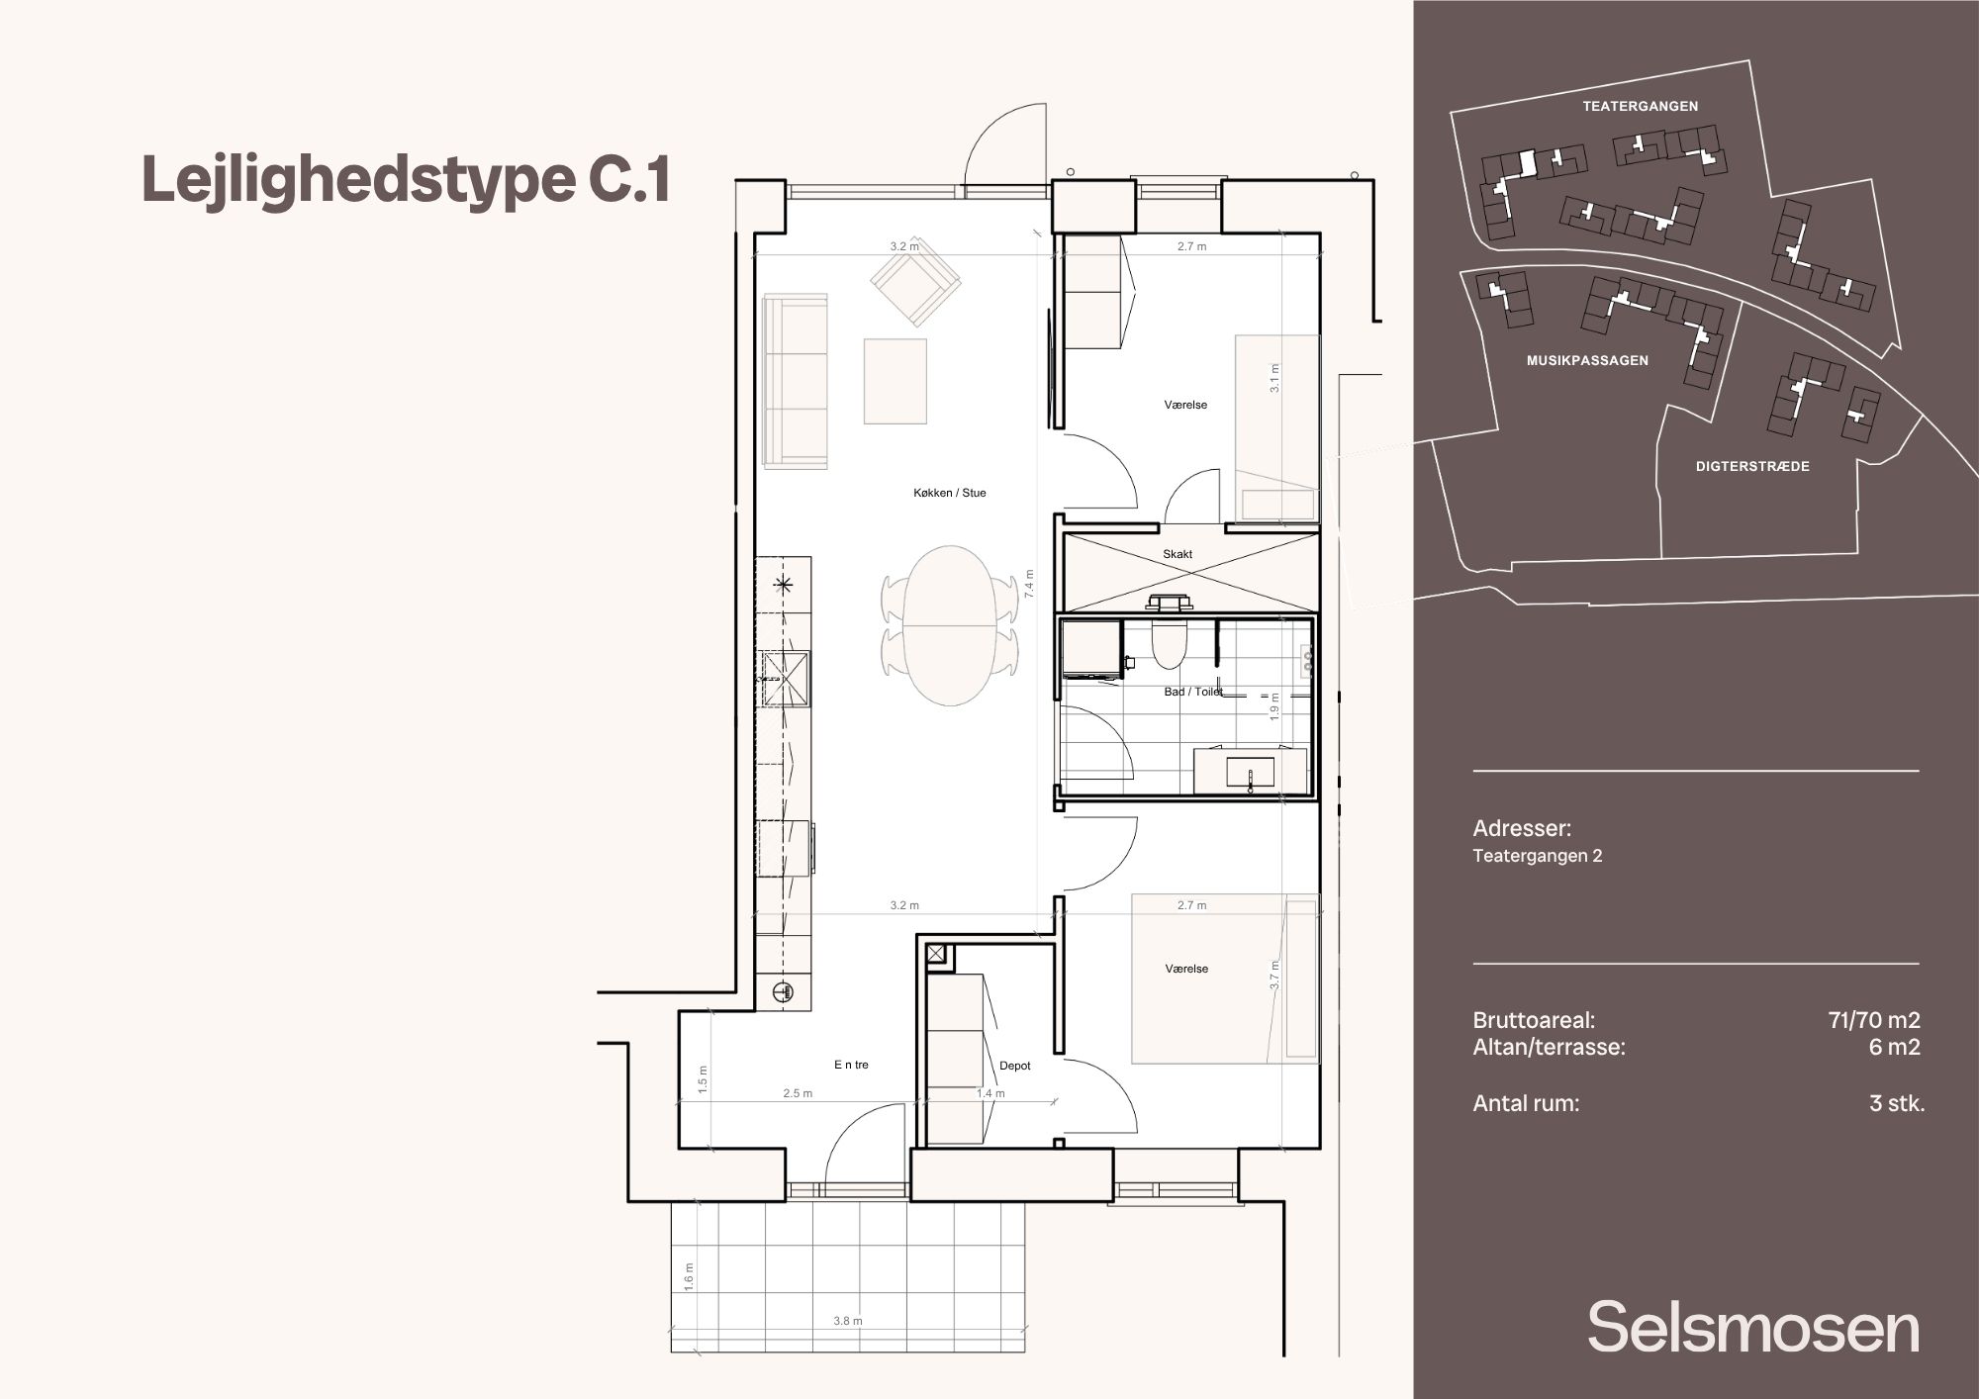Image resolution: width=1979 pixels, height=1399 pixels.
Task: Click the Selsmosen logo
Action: [1753, 1328]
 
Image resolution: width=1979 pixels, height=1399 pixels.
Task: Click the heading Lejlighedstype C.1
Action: [407, 180]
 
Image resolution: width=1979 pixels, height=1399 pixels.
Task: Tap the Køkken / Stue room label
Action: [950, 493]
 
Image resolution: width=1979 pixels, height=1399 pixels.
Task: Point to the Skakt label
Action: [1178, 554]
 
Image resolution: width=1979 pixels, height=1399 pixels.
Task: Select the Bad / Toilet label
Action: [1193, 692]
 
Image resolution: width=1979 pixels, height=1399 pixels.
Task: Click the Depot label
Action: [1015, 1066]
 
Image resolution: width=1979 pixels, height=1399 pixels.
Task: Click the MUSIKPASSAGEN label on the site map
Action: [1587, 361]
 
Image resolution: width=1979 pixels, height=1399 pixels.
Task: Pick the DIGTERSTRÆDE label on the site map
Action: [1752, 466]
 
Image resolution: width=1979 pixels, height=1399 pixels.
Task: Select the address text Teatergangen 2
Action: [1537, 856]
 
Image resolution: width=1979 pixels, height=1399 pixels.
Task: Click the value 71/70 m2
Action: [1874, 1020]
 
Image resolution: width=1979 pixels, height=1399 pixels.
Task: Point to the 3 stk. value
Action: [1897, 1103]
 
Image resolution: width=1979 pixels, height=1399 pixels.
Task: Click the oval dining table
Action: [950, 625]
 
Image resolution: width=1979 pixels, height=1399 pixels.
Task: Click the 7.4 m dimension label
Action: [1030, 584]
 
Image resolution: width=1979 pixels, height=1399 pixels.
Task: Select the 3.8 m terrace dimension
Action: [848, 1321]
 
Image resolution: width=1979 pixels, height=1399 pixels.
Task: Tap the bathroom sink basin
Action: [1250, 771]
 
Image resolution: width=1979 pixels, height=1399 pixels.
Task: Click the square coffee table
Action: [895, 381]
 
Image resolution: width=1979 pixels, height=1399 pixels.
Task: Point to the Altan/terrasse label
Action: [1549, 1047]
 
